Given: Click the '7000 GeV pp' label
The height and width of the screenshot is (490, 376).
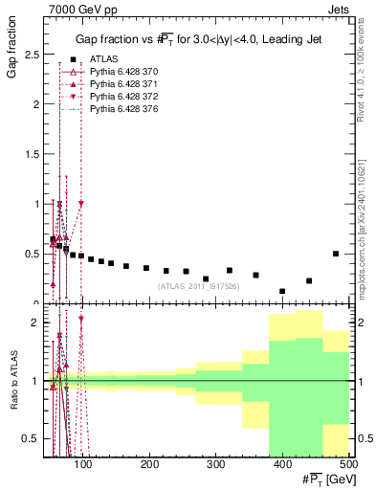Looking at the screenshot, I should [x=78, y=9].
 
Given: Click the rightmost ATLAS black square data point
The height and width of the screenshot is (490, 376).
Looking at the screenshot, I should [x=336, y=254].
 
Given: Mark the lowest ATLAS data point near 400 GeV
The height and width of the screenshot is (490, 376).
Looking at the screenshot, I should [x=282, y=291].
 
